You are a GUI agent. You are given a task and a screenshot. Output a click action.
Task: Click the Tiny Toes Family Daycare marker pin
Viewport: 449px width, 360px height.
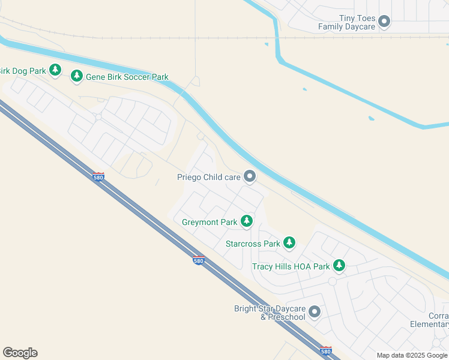[x=385, y=22]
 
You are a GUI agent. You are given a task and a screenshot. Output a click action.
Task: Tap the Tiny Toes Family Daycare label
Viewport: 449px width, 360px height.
[x=347, y=22]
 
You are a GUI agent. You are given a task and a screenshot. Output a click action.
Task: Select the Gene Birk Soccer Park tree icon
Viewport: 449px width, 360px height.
[x=76, y=76]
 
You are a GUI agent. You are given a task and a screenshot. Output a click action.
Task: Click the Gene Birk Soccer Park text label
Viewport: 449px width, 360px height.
[x=127, y=77]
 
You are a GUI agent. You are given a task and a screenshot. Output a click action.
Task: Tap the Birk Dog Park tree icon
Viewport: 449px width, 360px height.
[x=55, y=70]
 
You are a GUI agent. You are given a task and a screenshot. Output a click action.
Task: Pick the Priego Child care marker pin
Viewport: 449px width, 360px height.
[x=250, y=176]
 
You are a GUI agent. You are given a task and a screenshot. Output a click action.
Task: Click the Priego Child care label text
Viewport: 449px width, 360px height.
[x=208, y=177]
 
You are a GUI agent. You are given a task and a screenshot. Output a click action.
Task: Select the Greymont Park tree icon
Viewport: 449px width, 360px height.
[x=246, y=221]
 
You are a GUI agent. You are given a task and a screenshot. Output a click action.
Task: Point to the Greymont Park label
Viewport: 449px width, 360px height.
[x=209, y=222]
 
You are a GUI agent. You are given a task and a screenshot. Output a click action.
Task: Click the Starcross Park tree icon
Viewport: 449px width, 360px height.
[x=289, y=243]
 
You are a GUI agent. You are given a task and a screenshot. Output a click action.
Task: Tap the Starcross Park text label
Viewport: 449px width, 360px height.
[x=253, y=244]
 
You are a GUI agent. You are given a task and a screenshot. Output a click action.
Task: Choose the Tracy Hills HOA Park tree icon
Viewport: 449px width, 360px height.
[x=339, y=265]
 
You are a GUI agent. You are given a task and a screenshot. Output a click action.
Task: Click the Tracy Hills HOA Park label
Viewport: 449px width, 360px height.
[x=291, y=266]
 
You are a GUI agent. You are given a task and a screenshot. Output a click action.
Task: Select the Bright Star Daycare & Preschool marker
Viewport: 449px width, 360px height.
[x=315, y=312]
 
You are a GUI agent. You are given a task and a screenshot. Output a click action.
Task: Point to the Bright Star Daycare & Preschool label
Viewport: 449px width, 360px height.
[x=270, y=313]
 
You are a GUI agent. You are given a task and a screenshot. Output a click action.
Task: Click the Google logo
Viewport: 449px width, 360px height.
[x=20, y=352]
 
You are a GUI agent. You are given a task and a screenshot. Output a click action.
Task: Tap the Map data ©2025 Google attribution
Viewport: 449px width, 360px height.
[x=412, y=355]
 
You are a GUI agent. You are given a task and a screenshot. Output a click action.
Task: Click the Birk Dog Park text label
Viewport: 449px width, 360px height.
[x=23, y=71]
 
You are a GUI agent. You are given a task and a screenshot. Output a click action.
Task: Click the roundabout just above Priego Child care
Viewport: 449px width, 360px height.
[x=200, y=137]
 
